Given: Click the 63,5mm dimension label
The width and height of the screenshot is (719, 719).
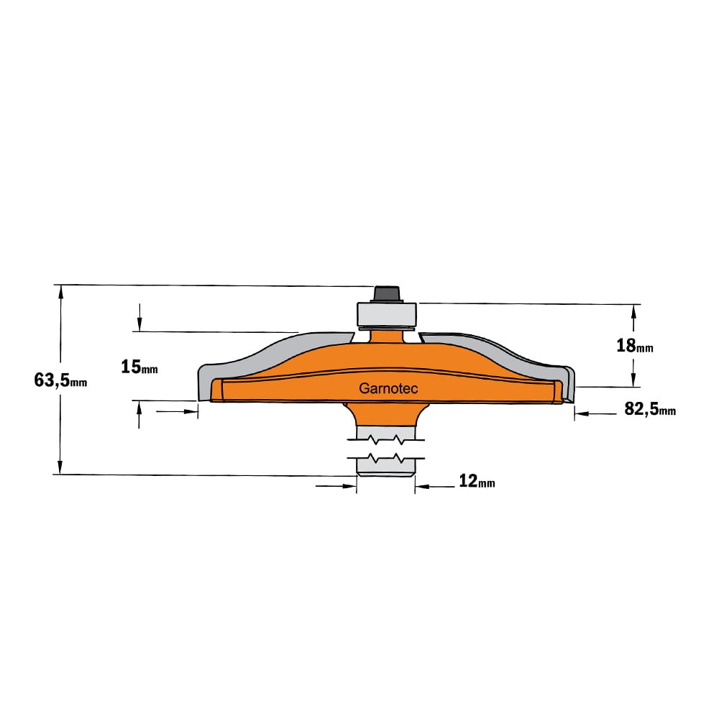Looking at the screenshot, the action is point(60,380).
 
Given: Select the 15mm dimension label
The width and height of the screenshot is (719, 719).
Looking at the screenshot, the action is point(139,367).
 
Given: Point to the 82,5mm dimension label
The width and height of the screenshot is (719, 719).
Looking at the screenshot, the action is point(650,408).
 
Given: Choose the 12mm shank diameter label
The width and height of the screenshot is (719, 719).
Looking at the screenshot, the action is point(477,481).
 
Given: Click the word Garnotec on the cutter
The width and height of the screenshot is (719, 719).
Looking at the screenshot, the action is point(388,388).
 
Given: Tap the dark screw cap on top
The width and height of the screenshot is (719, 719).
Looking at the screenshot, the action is point(387,294).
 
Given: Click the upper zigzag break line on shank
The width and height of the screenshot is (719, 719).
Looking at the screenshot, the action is point(386,440).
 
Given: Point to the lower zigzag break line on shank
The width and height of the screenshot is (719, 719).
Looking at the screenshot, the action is point(386,458).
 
